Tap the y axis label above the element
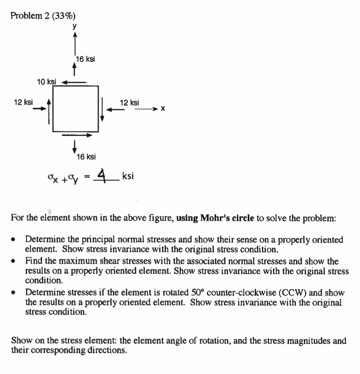click(74, 26)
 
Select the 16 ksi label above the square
click(85, 59)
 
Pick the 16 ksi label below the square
click(86, 157)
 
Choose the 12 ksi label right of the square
click(129, 103)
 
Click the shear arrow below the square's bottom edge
click(76, 135)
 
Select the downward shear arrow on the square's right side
click(103, 109)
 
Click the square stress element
click(76, 109)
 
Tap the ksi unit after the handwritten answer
click(128, 176)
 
